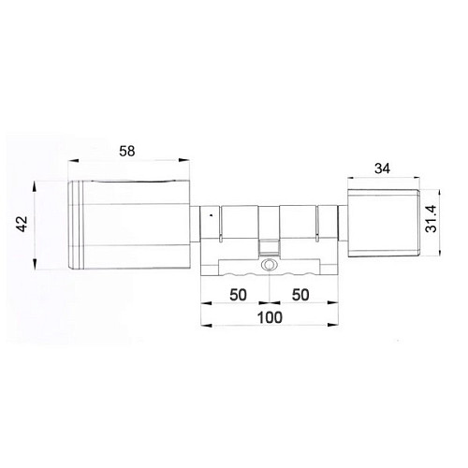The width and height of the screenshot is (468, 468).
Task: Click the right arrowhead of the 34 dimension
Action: [417, 180]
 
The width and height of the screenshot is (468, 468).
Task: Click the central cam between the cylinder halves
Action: [269, 245]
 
